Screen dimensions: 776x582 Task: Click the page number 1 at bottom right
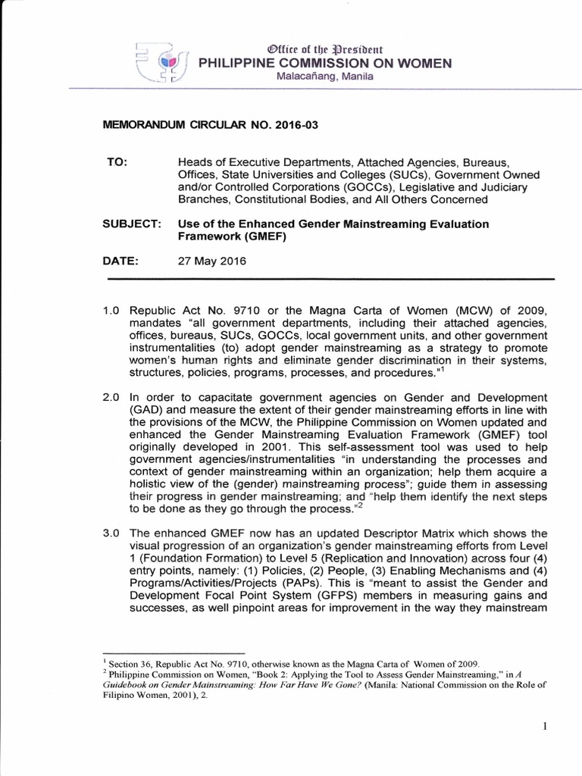(545, 727)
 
